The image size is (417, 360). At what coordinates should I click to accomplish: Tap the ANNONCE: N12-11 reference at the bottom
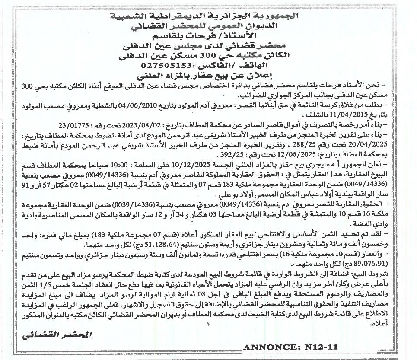290,347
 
